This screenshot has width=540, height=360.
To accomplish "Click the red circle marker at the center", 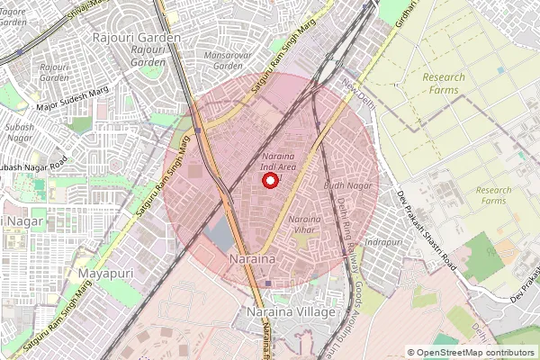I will click(x=269, y=181).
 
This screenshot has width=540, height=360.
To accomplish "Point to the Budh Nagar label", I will click(x=347, y=185).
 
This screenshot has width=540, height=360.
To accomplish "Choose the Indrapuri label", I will click(x=382, y=242).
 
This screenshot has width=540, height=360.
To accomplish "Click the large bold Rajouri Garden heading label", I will click(x=137, y=38).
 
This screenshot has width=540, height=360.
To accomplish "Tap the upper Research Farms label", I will click(x=444, y=84).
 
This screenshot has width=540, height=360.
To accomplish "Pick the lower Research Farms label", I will click(x=493, y=195).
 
